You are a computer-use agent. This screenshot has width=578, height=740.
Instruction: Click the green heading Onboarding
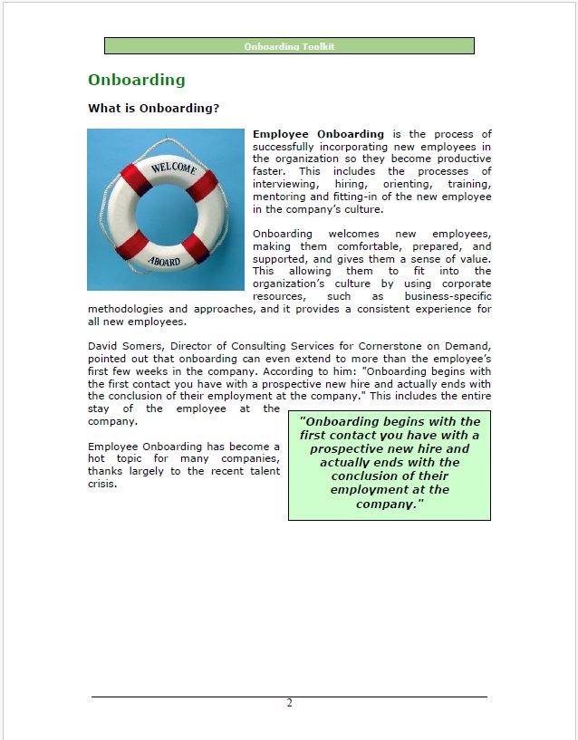136,80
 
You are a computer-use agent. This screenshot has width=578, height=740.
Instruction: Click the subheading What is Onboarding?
153,109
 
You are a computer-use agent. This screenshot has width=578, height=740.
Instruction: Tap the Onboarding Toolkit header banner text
289,46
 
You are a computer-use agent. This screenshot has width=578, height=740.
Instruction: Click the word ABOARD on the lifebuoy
164,260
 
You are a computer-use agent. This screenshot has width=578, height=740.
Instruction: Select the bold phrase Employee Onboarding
318,134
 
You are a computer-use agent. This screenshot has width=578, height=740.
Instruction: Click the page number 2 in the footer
289,704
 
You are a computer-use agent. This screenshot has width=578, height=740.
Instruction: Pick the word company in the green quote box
388,504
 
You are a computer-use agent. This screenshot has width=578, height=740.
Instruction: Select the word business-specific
448,296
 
